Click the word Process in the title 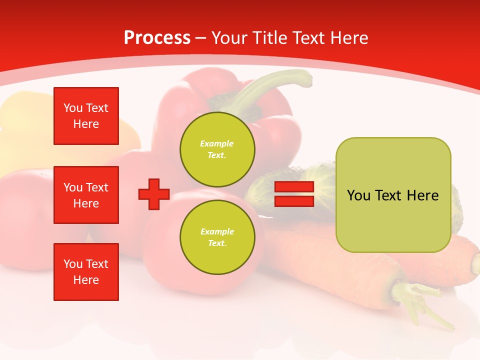pyautogui.click(x=157, y=38)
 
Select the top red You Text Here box pyautogui.click(x=86, y=116)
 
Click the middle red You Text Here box pyautogui.click(x=86, y=195)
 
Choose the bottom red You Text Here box pyautogui.click(x=86, y=272)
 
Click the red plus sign pyautogui.click(x=154, y=194)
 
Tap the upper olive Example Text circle pyautogui.click(x=217, y=149)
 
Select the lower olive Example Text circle pyautogui.click(x=217, y=237)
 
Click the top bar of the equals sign pyautogui.click(x=294, y=187)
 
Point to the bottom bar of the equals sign pyautogui.click(x=294, y=201)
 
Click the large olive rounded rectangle pyautogui.click(x=393, y=195)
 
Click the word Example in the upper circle pyautogui.click(x=217, y=143)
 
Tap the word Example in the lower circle pyautogui.click(x=217, y=231)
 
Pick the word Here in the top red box pyautogui.click(x=86, y=124)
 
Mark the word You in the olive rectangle pyautogui.click(x=358, y=195)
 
